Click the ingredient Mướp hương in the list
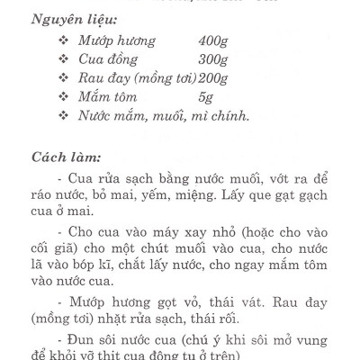[x=116, y=41]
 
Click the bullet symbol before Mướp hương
[x=62, y=41]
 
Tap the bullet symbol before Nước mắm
[x=62, y=115]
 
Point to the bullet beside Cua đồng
[x=62, y=59]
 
